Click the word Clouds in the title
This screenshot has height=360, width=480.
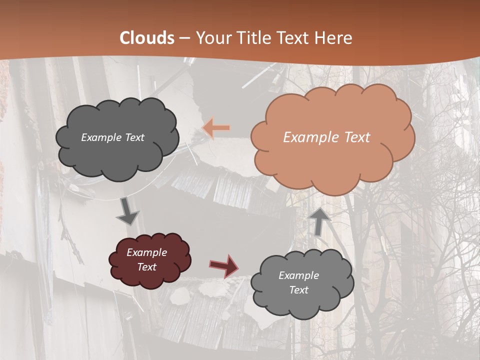pyautogui.click(x=147, y=38)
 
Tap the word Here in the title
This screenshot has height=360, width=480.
pyautogui.click(x=334, y=38)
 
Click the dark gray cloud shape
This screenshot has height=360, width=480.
pyautogui.click(x=117, y=150)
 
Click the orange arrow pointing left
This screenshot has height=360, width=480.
pyautogui.click(x=216, y=128)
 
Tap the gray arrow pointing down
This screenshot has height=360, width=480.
pyautogui.click(x=128, y=211)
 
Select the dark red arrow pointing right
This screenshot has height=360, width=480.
pyautogui.click(x=224, y=265)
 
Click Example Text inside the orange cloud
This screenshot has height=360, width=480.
pyautogui.click(x=326, y=137)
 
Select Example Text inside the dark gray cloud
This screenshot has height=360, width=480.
pyautogui.click(x=112, y=137)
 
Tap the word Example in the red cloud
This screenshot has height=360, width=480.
pyautogui.click(x=146, y=252)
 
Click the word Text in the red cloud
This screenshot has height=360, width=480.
pyautogui.click(x=146, y=267)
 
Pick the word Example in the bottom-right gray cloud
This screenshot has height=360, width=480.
pyautogui.click(x=298, y=275)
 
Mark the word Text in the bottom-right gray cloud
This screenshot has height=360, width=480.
pyautogui.click(x=298, y=290)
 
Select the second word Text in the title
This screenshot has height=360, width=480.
pyautogui.click(x=295, y=38)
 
